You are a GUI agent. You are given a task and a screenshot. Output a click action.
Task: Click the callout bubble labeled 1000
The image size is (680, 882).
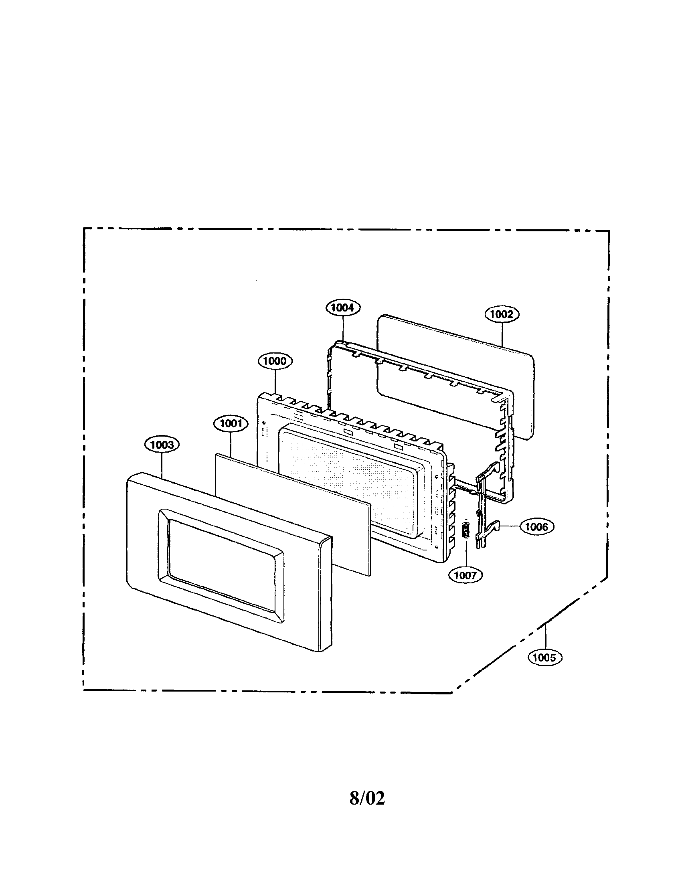click(275, 361)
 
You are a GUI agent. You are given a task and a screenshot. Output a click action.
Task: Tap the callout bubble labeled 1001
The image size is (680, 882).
click(231, 424)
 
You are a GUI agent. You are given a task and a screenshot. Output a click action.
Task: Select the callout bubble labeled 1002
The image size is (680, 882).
click(501, 314)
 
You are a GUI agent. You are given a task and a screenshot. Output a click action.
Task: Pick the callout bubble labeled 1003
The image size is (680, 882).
click(162, 445)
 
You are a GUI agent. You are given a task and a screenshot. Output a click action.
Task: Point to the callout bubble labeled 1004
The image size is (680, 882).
click(342, 307)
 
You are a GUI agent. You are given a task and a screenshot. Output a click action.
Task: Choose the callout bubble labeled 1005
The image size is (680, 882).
click(545, 657)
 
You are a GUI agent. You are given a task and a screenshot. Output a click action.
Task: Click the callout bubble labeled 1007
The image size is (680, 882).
click(465, 575)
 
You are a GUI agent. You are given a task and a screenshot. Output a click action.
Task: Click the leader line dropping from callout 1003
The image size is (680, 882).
click(162, 464)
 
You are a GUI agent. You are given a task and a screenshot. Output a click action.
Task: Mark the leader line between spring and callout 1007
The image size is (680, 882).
click(466, 553)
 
